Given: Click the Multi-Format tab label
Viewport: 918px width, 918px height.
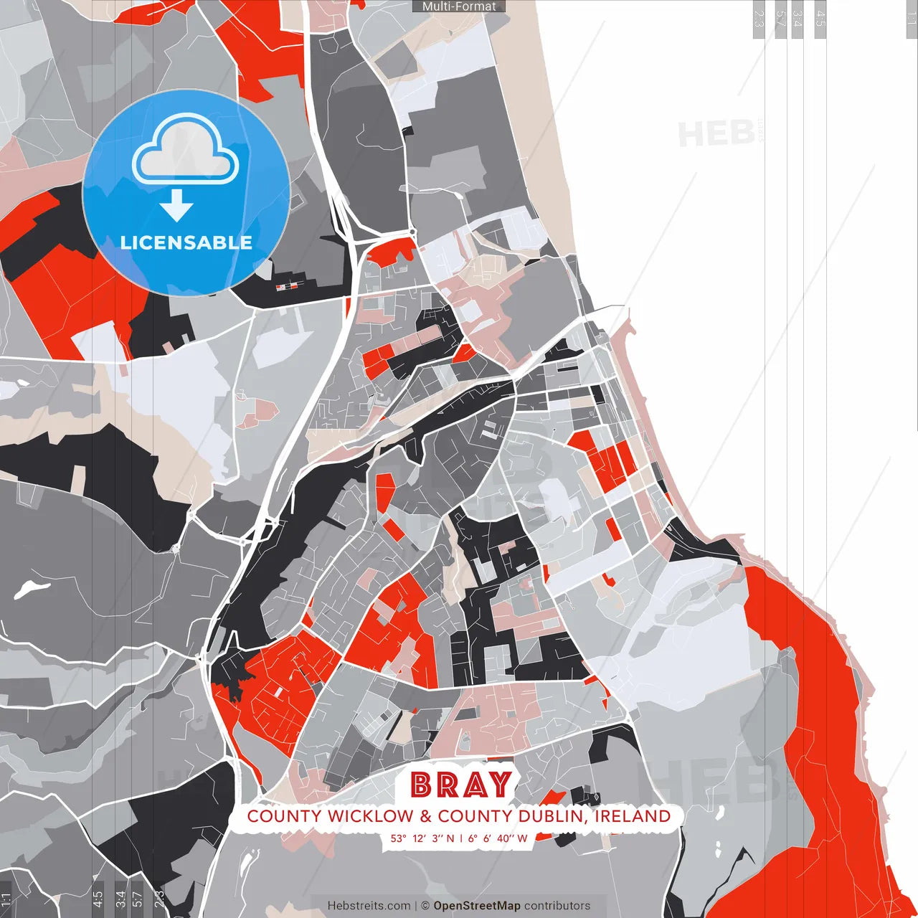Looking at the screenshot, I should coord(459,6).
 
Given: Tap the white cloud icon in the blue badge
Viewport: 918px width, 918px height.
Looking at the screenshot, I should coord(186,151).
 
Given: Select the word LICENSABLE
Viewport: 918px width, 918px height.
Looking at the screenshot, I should coord(186,242).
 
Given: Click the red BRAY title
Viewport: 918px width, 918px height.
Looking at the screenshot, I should coord(461,785).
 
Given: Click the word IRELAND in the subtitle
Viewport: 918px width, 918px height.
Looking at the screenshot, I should coord(633,816).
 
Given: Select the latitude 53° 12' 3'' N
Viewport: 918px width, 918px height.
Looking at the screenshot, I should coord(422,838).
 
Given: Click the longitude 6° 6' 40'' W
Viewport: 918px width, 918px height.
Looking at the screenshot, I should coord(498,838).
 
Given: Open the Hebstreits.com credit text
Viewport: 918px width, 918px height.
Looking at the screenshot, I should coord(369,906).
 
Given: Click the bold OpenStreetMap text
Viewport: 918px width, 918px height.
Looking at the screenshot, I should coord(477,906).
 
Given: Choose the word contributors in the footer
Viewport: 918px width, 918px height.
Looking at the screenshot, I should coord(557,906).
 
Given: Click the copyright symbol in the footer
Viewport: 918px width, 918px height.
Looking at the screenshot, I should coord(425,906).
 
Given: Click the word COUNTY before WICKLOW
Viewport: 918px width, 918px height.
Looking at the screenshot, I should coord(283,816).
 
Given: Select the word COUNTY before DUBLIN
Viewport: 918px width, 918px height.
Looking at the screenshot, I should coord(474,816).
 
